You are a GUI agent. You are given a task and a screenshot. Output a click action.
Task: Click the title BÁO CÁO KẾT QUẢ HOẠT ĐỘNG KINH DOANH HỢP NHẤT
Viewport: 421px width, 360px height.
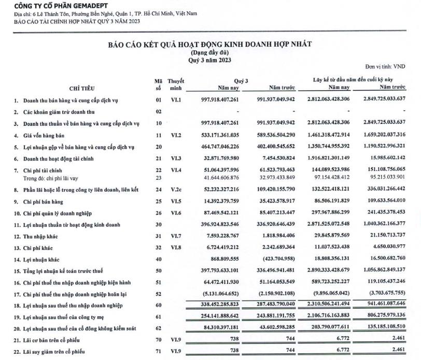pyautogui.click(x=209, y=44)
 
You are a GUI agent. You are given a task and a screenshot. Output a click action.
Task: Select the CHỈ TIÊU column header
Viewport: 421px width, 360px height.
pyautogui.click(x=81, y=88)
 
